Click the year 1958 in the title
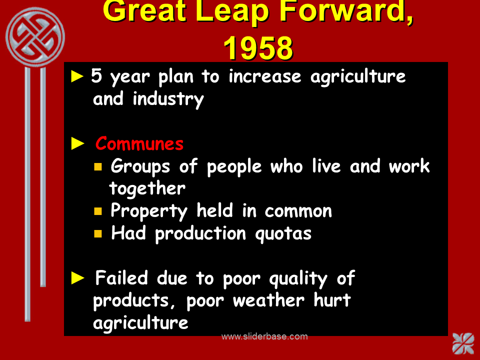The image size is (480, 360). pos(258,48)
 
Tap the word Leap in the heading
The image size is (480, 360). pos(232,12)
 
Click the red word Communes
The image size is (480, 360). pos(139,143)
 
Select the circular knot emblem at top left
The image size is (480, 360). pos(35,37)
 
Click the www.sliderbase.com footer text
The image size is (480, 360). pos(264,336)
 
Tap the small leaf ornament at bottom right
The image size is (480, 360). pos(463,343)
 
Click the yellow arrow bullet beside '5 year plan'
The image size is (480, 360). pos(77,76)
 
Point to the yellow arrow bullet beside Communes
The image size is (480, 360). pos(77,143)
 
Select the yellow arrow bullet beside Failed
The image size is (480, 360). pos(77,278)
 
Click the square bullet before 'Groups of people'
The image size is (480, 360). pos(98,166)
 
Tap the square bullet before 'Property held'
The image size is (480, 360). pos(98,211)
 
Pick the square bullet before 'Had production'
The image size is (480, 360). pos(98,233)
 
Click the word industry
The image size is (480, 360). pos(168,99)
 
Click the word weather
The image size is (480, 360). pos(268,300)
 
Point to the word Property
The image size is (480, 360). pos(149,211)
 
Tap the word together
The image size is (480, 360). pos(147,188)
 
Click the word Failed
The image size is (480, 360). pos(121,277)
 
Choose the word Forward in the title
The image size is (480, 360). pos(346,12)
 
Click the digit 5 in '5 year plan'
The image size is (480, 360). pos(96,75)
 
